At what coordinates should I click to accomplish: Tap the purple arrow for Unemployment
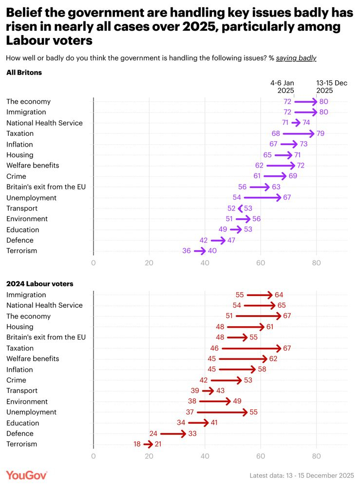(262, 198)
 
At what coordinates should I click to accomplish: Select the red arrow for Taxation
(251, 348)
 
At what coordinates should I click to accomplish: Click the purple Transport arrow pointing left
(240, 208)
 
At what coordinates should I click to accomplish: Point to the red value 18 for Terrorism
(137, 444)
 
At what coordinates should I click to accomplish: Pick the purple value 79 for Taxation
(320, 133)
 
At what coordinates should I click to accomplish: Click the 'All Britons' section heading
(24, 73)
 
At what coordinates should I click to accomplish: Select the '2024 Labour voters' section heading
(39, 283)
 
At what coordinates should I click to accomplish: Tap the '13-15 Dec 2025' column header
(332, 87)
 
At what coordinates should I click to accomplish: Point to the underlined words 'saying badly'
(296, 58)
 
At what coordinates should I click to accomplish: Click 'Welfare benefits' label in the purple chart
(33, 166)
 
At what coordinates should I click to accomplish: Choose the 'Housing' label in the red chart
(20, 327)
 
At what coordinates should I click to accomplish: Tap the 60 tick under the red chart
(261, 456)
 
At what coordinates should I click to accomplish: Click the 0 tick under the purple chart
(94, 263)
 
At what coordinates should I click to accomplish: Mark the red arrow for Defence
(173, 433)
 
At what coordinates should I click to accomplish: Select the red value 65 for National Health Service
(282, 305)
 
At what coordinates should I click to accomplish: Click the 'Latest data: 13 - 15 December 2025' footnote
(301, 475)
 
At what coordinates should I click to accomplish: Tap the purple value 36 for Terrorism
(187, 251)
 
